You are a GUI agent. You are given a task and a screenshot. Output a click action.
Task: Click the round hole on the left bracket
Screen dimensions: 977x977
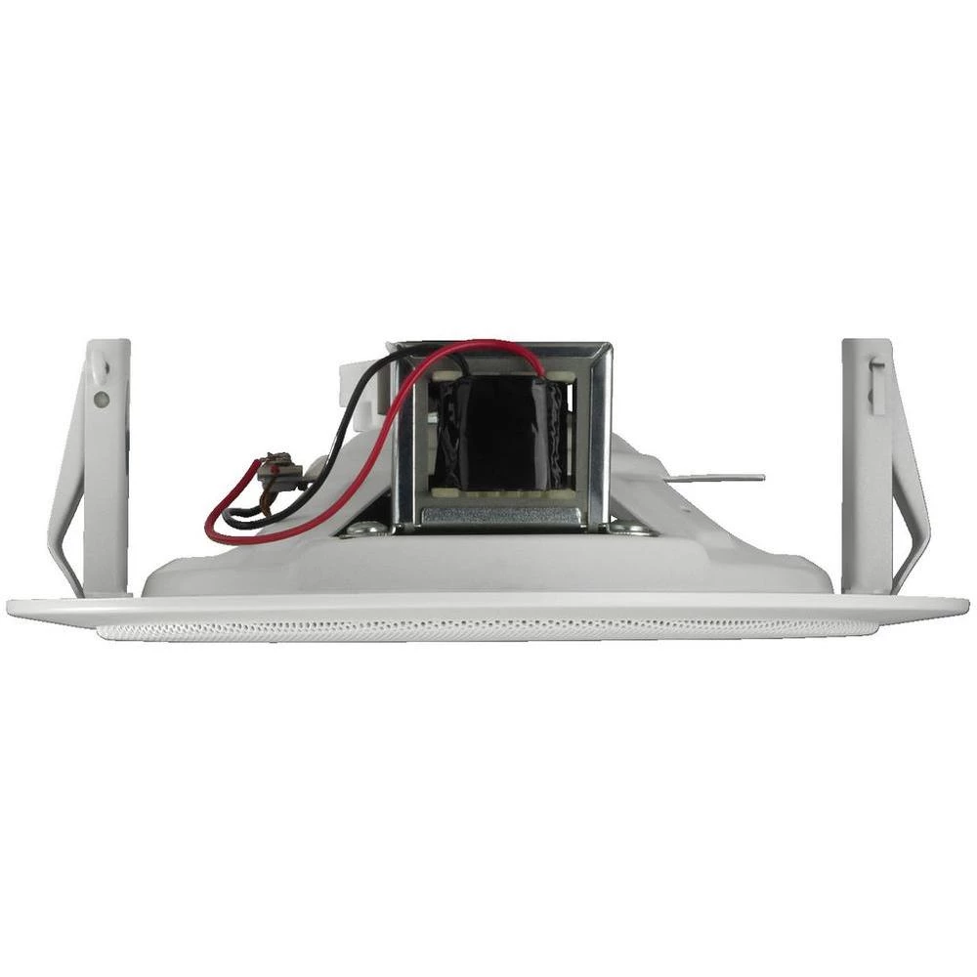tap(101, 399)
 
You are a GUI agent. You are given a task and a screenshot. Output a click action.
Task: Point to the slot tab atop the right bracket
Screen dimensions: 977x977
tap(877, 376)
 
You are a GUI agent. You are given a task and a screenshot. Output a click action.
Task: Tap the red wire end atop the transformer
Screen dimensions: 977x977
tap(539, 363)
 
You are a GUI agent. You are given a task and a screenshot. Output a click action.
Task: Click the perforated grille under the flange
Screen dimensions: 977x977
tap(488, 630)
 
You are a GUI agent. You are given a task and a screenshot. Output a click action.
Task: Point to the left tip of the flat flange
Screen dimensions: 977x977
tap(12, 607)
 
